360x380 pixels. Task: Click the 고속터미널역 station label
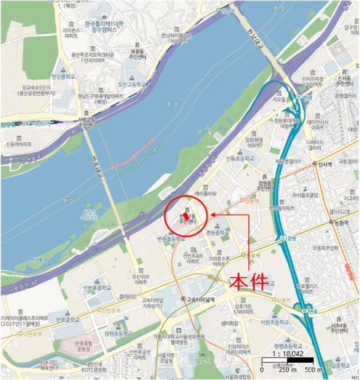pyautogui.click(x=202, y=299)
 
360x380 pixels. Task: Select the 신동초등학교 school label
pyautogui.click(x=240, y=159)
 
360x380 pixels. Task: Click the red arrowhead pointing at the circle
pyautogui.click(x=212, y=214)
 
